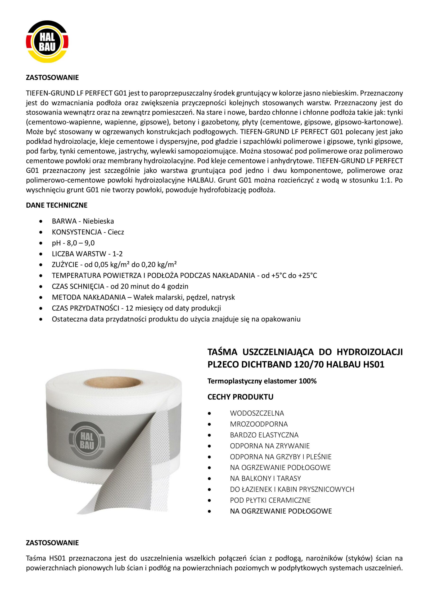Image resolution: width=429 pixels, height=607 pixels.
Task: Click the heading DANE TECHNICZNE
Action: pyautogui.click(x=57, y=205)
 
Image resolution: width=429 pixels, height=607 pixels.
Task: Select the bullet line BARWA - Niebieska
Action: pyautogui.click(x=83, y=221)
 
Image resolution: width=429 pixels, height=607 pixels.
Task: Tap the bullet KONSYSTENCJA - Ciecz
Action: pyautogui.click(x=88, y=232)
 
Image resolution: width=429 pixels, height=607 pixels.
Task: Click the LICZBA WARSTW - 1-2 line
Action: pyautogui.click(x=87, y=254)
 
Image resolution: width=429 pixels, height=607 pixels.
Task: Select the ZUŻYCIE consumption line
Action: pyautogui.click(x=114, y=264)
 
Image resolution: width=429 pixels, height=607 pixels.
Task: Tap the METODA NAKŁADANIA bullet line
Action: pyautogui.click(x=143, y=297)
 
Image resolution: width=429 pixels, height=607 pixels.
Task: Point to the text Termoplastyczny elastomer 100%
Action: pyautogui.click(x=262, y=381)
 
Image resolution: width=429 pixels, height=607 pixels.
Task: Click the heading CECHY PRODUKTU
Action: pyautogui.click(x=240, y=397)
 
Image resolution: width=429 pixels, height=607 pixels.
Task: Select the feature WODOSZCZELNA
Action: pyautogui.click(x=257, y=413)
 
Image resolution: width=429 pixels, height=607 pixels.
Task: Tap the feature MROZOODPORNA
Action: pyautogui.click(x=259, y=424)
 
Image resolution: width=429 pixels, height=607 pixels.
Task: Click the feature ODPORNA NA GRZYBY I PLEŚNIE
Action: pyautogui.click(x=280, y=457)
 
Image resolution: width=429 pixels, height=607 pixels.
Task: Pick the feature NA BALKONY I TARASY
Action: pyautogui.click(x=266, y=478)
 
